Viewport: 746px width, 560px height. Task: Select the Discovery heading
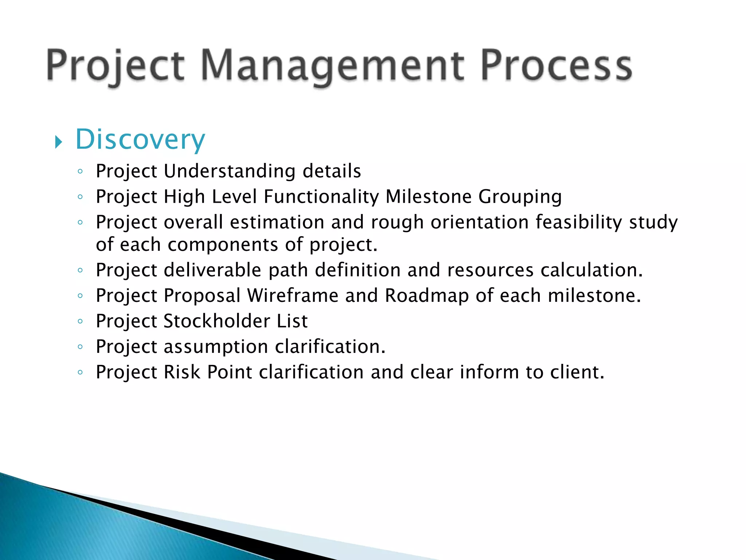click(x=140, y=140)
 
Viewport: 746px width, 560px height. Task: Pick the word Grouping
click(x=520, y=197)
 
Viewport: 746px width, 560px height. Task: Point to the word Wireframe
click(x=292, y=295)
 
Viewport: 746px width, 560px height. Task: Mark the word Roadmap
click(x=427, y=296)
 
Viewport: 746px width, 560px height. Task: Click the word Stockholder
click(x=217, y=321)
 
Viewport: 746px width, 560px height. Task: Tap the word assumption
click(x=216, y=347)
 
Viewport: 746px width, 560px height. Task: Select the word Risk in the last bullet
click(x=182, y=372)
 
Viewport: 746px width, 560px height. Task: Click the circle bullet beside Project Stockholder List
click(x=81, y=322)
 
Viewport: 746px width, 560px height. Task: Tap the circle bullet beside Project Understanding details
click(x=81, y=171)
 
